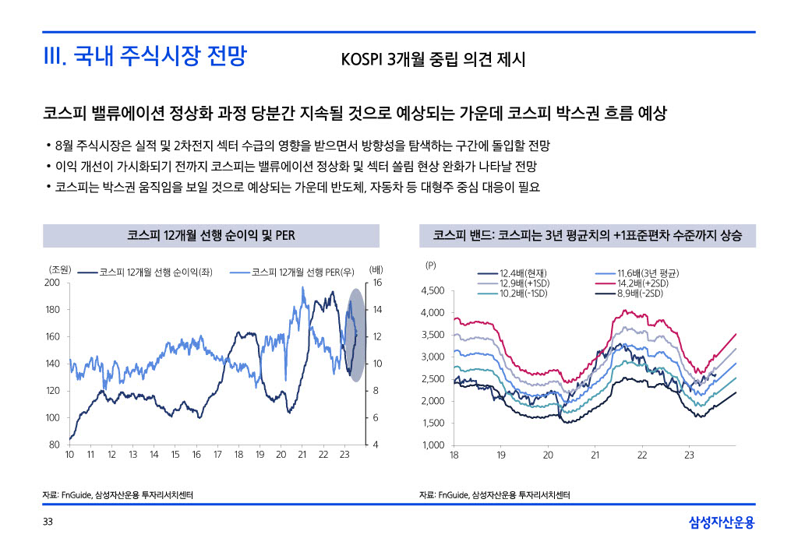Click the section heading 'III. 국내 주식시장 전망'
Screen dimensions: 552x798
pyautogui.click(x=144, y=56)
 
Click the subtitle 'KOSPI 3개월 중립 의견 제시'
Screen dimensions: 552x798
pyautogui.click(x=433, y=60)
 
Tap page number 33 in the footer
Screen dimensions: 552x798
pyautogui.click(x=48, y=522)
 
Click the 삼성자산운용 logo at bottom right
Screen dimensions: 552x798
pyautogui.click(x=722, y=522)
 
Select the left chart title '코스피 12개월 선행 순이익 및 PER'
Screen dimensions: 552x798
pyautogui.click(x=210, y=235)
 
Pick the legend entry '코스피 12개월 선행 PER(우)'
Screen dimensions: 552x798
pyautogui.click(x=304, y=272)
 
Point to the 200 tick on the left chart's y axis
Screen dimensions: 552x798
pyautogui.click(x=52, y=283)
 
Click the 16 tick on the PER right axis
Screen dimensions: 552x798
pyautogui.click(x=377, y=283)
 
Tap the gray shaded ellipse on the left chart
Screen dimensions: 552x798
pyautogui.click(x=355, y=335)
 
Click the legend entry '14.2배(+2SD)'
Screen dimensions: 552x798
pyautogui.click(x=643, y=283)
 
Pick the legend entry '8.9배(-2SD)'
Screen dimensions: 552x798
pyautogui.click(x=640, y=294)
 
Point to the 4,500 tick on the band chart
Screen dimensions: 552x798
pyautogui.click(x=433, y=291)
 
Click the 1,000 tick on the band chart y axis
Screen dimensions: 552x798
pyautogui.click(x=433, y=445)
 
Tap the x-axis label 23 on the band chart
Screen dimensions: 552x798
pyautogui.click(x=689, y=455)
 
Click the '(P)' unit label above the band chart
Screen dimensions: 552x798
pyautogui.click(x=431, y=265)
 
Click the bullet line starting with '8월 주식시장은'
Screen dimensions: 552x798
pyautogui.click(x=296, y=146)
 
